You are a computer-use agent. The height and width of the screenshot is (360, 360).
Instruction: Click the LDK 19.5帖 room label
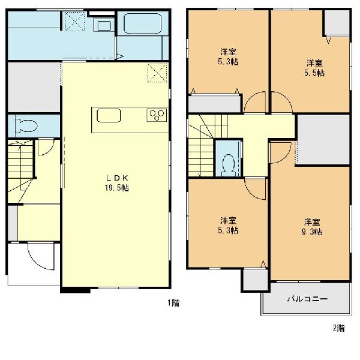point(117,183)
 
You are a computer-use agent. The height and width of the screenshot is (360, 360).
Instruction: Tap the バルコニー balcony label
point(307,299)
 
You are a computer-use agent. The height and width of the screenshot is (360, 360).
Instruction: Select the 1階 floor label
point(173,303)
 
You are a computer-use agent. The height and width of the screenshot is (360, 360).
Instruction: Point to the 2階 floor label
point(339,328)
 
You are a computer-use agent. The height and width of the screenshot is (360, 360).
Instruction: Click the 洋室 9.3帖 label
point(312,227)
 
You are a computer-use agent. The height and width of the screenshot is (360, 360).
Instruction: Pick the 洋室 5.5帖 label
point(314,68)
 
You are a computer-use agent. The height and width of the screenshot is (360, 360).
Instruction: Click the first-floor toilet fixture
point(26,125)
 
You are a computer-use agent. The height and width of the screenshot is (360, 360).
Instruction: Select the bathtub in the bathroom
point(143,23)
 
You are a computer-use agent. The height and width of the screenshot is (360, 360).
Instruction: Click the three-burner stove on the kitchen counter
point(157,115)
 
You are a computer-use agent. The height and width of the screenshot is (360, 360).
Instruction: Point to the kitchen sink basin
point(109,115)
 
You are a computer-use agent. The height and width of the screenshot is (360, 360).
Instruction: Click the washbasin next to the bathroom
point(104,25)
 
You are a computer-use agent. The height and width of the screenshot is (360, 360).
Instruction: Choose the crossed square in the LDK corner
point(157,73)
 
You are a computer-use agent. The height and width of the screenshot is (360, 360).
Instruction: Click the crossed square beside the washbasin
point(74,21)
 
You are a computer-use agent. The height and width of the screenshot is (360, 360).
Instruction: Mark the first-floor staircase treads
point(20,166)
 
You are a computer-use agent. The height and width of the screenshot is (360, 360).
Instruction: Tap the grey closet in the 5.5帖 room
point(337,23)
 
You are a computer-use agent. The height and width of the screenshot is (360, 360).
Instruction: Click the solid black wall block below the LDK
point(76,290)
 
